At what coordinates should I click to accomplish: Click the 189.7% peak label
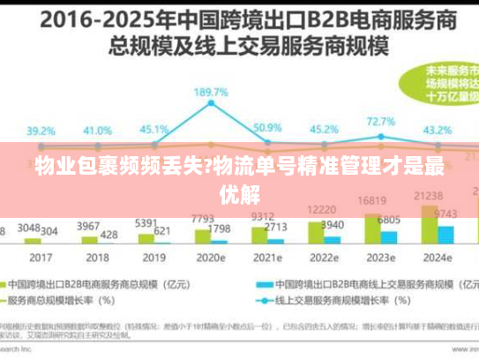click(x=211, y=91)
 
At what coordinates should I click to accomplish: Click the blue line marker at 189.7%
click(x=211, y=104)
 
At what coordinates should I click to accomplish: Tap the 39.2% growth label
click(x=41, y=131)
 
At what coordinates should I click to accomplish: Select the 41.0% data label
click(x=97, y=131)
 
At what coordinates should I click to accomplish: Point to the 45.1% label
click(x=155, y=130)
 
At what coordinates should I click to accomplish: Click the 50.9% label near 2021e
click(x=267, y=128)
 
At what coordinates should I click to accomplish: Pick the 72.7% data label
click(x=380, y=121)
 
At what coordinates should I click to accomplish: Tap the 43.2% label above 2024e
click(x=438, y=130)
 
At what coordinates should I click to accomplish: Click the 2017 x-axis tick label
click(x=41, y=258)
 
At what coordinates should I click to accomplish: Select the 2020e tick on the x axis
click(x=212, y=258)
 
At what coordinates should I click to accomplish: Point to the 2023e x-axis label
click(x=381, y=258)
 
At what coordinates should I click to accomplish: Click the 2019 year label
click(x=154, y=258)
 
